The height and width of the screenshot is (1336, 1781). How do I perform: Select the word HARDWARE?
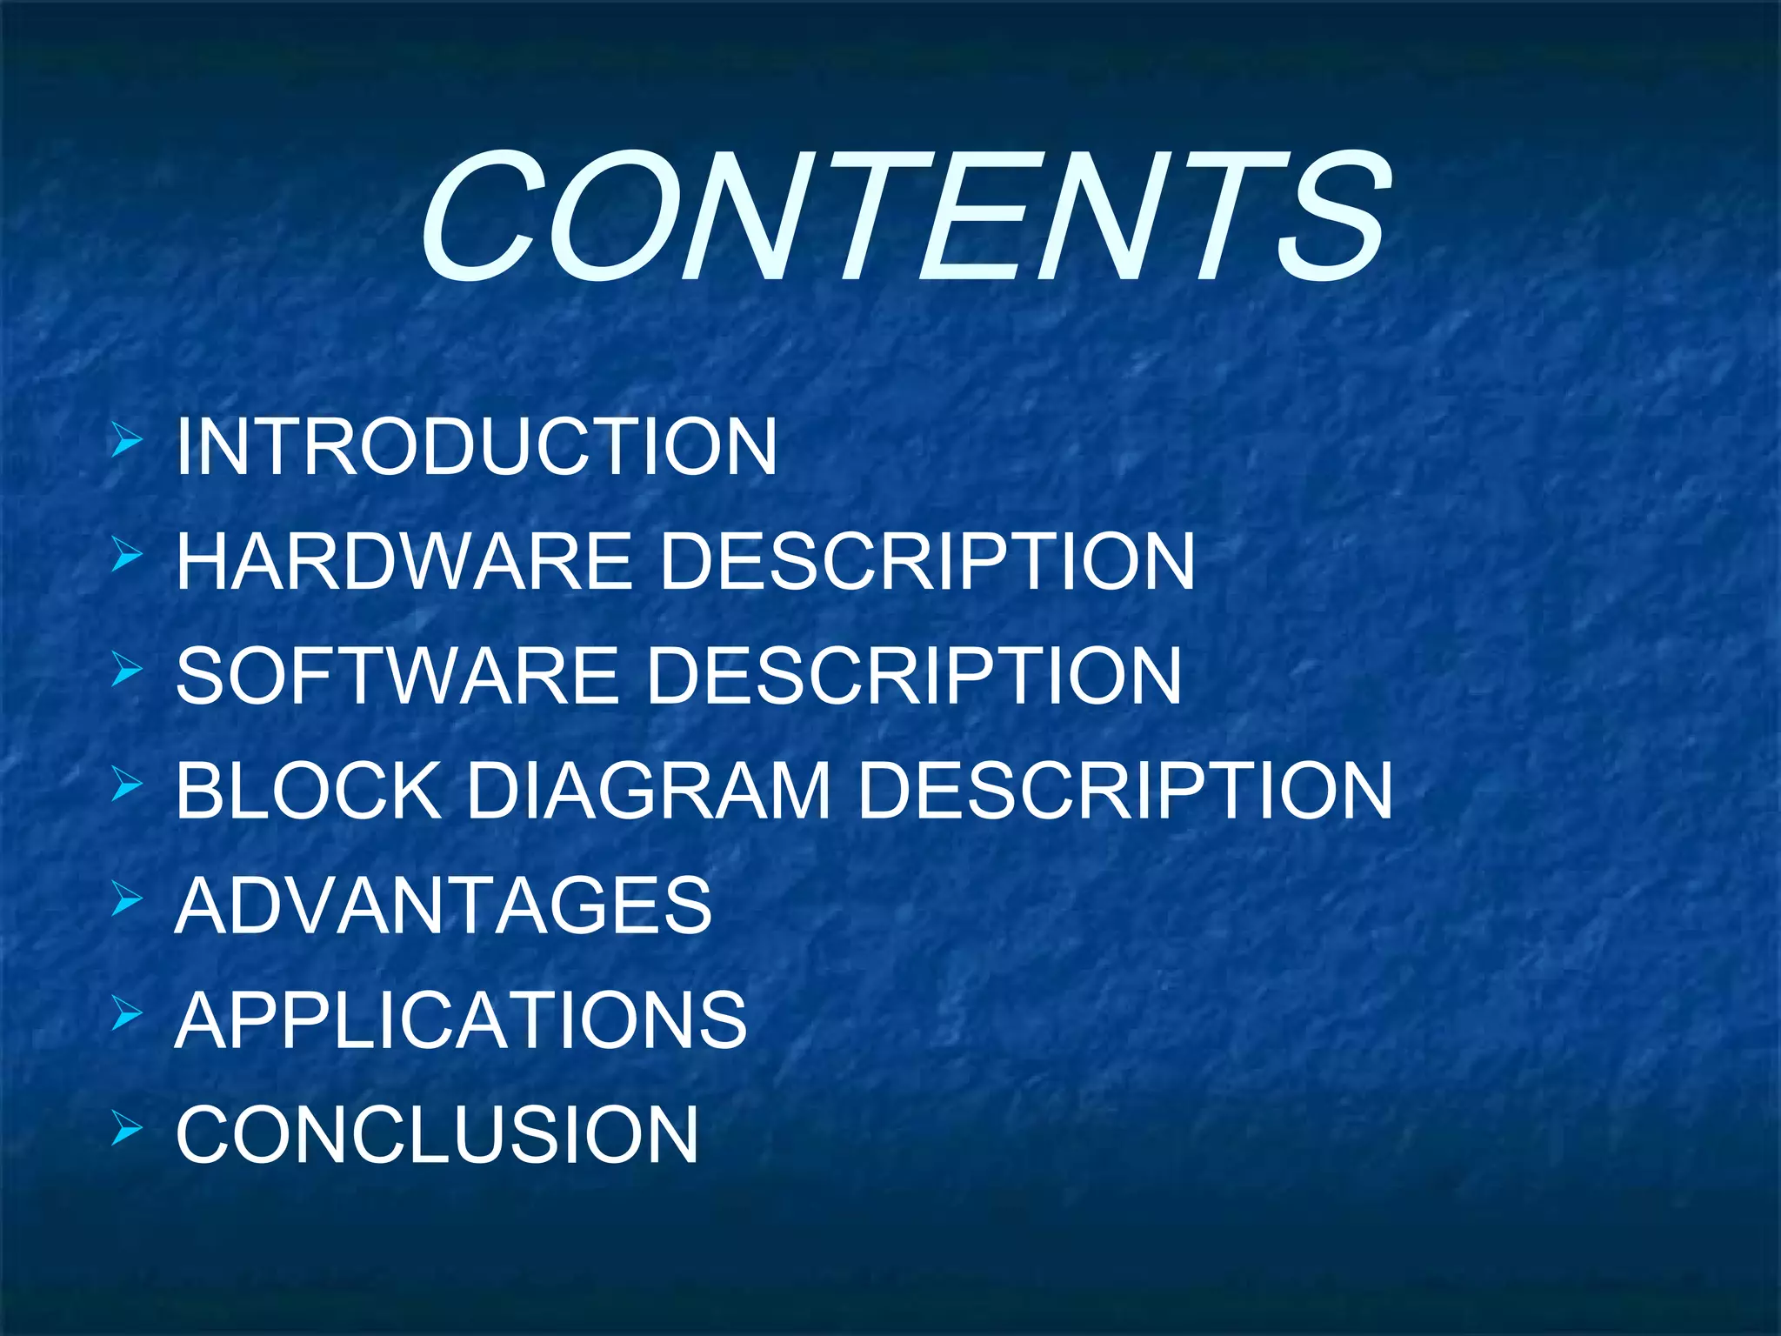point(404,561)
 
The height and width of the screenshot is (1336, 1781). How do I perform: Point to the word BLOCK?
point(309,791)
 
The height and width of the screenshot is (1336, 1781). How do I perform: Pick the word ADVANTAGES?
point(444,905)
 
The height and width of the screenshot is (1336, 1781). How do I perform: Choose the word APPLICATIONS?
point(461,1019)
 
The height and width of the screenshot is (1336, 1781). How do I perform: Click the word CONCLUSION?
point(437,1134)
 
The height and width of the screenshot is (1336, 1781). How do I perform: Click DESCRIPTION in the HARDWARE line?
point(927,561)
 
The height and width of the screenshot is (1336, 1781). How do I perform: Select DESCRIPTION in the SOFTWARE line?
point(914,676)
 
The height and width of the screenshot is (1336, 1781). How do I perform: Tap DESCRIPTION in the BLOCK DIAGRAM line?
point(1125,791)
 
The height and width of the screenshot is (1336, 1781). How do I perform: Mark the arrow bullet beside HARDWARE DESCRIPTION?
point(126,556)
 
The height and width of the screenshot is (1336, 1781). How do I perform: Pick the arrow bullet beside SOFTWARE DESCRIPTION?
point(126,671)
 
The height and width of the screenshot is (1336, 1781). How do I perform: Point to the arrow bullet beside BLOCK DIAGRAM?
point(126,785)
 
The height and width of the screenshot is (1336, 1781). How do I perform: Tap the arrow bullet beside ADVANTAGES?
point(126,900)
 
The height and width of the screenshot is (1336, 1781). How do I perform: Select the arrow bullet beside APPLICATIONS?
point(126,1014)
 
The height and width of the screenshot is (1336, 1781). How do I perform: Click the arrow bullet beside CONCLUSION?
point(126,1129)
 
